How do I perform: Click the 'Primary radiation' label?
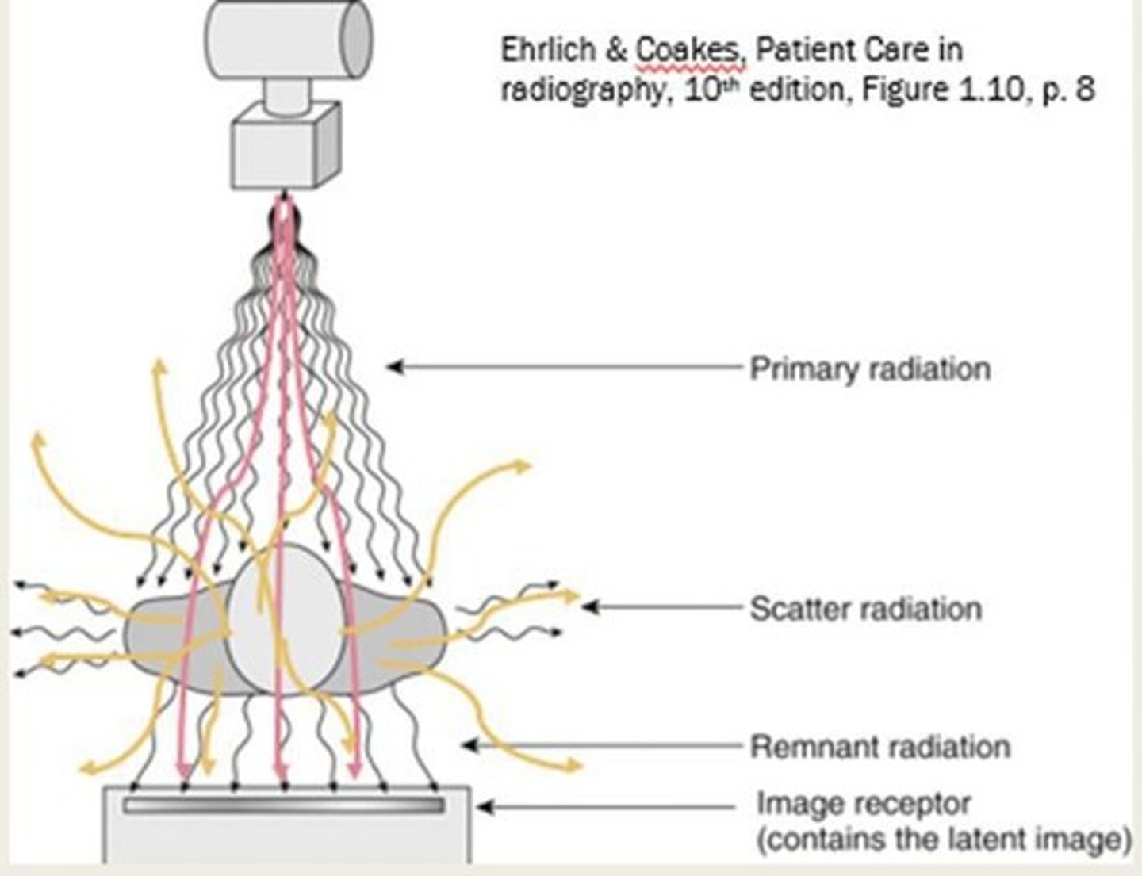[870, 369]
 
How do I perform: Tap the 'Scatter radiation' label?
[866, 609]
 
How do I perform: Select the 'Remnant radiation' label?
[880, 747]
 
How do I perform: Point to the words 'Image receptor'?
[864, 803]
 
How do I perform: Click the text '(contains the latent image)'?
[944, 840]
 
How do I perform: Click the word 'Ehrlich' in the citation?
[548, 51]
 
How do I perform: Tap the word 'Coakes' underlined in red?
[687, 51]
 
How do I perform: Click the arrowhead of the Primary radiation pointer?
[393, 366]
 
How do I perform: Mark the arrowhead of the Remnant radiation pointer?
[469, 745]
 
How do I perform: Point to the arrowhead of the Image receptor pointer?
[482, 808]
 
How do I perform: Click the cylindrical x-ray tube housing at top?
[287, 38]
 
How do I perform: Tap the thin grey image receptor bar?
[283, 805]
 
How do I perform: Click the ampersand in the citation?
[617, 51]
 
